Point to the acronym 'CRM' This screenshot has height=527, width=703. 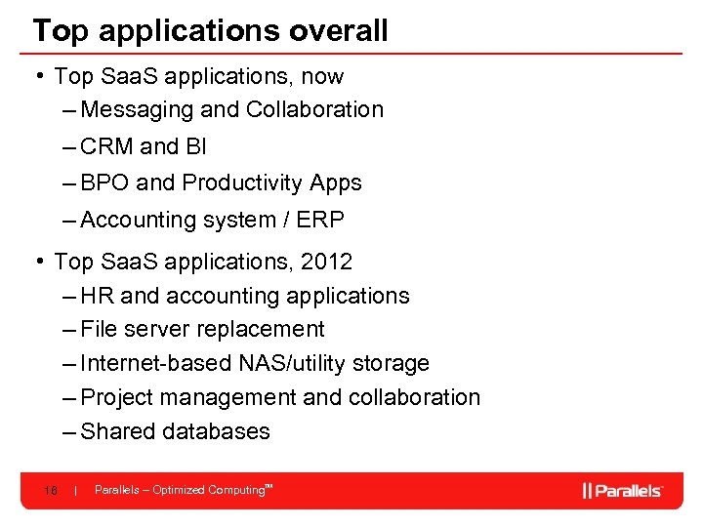pos(107,146)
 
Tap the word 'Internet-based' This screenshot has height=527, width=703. pos(157,364)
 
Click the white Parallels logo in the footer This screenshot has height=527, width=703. pos(623,490)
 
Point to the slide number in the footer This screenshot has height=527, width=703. pos(50,490)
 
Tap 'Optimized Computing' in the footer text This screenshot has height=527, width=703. pos(208,490)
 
